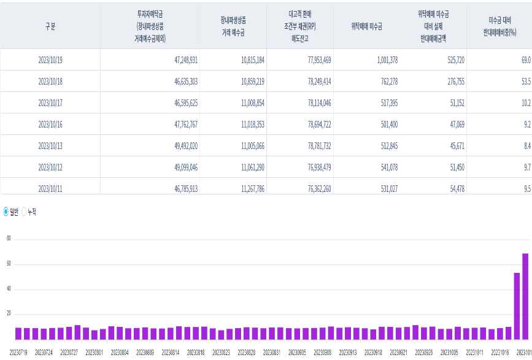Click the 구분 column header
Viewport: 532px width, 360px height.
coord(50,26)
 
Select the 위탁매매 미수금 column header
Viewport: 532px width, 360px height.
coord(366,26)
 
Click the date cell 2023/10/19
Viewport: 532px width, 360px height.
coord(50,60)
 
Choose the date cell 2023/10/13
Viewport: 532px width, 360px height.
coord(50,146)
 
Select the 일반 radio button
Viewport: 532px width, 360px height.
coord(6,212)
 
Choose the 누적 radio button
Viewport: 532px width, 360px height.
coord(25,212)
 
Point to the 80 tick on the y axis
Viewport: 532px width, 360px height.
coord(9,239)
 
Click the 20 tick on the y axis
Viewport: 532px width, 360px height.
coord(9,313)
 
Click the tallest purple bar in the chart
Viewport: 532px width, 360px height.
coord(525,296)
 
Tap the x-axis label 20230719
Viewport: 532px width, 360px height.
coord(18,353)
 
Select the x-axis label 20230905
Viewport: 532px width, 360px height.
coord(296,353)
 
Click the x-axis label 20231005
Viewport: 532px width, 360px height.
coord(449,353)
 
